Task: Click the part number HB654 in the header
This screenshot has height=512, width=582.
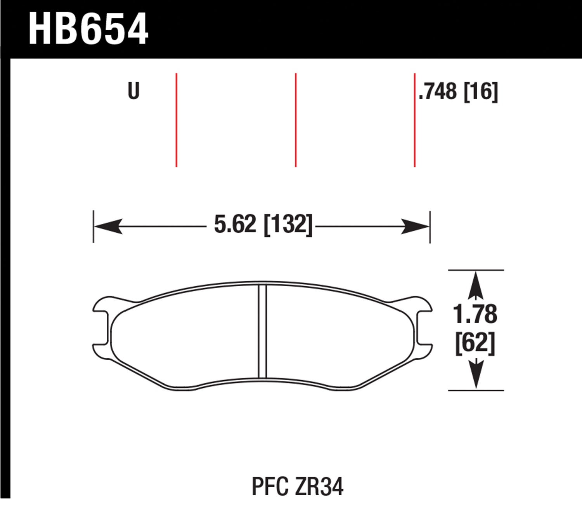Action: coord(88,29)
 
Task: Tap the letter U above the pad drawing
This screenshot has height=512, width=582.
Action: coord(133,91)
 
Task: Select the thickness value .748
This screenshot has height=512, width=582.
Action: coord(438,91)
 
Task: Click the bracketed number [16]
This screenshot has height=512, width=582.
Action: coord(481,91)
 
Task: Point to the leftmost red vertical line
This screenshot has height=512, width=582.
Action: coord(177,120)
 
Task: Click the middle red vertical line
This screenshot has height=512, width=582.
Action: coord(296,120)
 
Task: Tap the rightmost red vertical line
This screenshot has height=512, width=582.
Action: coord(414,120)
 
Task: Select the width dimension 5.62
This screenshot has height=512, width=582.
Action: coord(235,225)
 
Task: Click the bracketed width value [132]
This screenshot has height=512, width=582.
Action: coord(288,225)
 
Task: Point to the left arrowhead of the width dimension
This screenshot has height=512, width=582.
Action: coord(108,226)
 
